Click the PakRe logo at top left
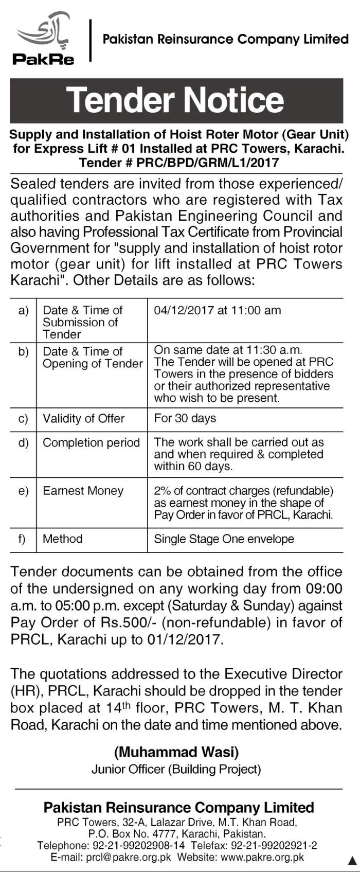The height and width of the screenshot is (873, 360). [44, 39]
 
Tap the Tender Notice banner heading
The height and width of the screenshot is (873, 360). [175, 100]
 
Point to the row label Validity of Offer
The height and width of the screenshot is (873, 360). [83, 419]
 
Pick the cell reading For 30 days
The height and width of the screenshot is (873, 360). [185, 418]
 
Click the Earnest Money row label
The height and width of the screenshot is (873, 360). [83, 491]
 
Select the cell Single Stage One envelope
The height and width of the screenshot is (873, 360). [224, 539]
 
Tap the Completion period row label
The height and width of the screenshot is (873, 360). [91, 443]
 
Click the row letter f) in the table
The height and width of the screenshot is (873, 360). [22, 539]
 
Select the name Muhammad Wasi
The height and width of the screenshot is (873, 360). [176, 753]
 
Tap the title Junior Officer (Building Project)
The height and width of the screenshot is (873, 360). [176, 770]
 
